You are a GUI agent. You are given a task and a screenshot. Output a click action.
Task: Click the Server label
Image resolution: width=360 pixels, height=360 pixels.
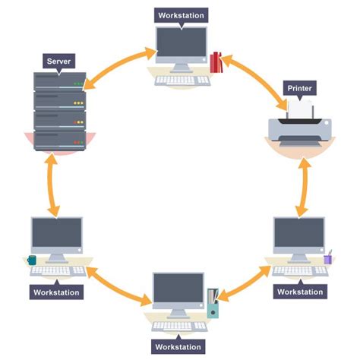coord(59,60)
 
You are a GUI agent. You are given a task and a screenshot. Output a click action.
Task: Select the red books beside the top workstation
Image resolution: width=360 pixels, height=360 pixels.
coord(216,62)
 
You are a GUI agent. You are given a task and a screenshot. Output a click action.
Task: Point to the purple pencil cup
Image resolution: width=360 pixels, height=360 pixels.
coord(328,258)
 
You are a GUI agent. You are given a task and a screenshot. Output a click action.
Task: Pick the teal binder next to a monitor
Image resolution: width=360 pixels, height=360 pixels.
coord(213,305)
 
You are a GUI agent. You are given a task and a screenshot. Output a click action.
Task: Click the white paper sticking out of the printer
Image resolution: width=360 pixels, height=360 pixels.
coord(302,112)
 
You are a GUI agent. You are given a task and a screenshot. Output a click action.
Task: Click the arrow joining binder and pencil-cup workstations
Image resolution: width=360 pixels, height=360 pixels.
coord(242,288)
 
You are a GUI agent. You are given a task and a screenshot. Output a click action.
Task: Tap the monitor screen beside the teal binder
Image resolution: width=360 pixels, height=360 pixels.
coord(178,290)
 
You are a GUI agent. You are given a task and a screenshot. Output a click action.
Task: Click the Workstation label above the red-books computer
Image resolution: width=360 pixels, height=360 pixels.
coord(179,14)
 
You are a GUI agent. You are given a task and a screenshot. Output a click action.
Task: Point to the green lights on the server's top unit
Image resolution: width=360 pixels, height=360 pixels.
coord(77,84)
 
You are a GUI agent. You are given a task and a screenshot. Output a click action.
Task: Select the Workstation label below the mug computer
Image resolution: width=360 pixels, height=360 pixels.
coord(57,292)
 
